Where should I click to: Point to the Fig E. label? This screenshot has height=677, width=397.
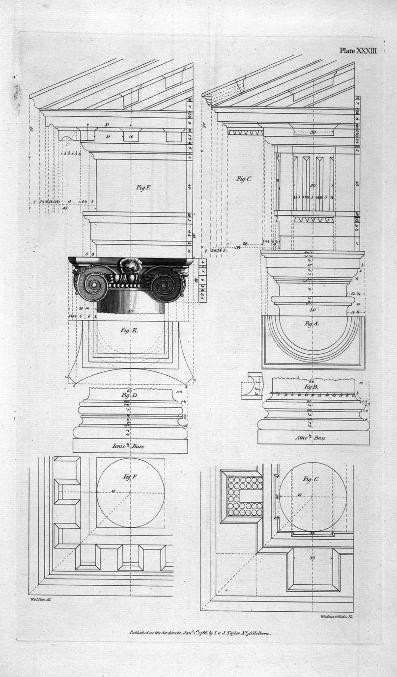point(129,330)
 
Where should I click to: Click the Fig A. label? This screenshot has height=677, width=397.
point(312,324)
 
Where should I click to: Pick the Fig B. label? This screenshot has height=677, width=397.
point(311,387)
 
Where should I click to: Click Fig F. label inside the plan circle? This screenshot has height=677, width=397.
point(130,476)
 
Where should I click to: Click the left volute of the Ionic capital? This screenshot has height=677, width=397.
point(92,284)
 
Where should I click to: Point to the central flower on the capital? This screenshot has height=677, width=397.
point(130,266)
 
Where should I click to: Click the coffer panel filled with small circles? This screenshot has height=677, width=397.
point(244,495)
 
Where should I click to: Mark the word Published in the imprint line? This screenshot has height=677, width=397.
point(142,633)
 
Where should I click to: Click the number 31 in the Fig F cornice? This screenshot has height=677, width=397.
point(107,125)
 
